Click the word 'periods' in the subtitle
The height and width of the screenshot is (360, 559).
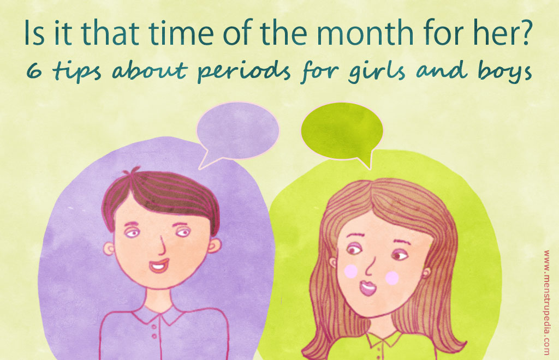[x=244, y=71]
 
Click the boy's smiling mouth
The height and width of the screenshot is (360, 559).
[x=159, y=266]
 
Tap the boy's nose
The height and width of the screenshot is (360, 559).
[x=162, y=245]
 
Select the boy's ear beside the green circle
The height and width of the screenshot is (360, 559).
[x=214, y=245]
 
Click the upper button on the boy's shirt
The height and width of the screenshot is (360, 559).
[x=153, y=326]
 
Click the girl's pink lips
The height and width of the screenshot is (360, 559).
[x=367, y=287]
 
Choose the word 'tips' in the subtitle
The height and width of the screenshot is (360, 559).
[x=77, y=71]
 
